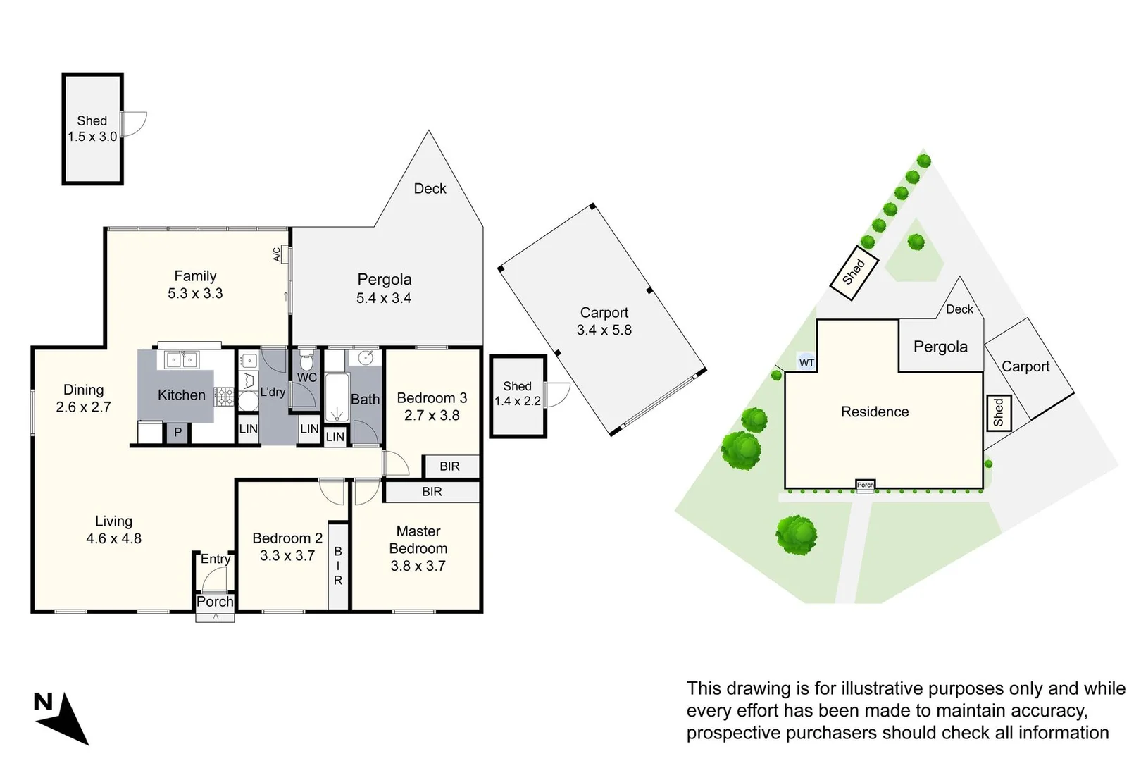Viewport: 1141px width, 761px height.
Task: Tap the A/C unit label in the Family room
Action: click(277, 254)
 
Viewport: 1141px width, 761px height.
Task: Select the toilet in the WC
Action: click(306, 361)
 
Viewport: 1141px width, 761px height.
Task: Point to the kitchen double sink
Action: click(181, 359)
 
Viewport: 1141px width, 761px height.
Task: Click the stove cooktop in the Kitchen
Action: click(224, 397)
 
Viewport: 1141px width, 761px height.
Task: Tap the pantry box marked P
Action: click(177, 433)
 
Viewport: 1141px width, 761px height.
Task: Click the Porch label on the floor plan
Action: click(215, 601)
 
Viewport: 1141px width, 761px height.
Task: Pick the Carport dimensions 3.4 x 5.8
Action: click(604, 330)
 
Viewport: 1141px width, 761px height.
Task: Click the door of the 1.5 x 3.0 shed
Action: click(134, 124)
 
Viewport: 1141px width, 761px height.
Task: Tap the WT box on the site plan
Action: click(806, 363)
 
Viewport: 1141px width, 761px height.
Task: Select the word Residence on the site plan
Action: click(875, 412)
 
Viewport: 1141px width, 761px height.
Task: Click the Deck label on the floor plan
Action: click(430, 188)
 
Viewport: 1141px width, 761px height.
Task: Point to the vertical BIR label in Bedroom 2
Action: click(338, 566)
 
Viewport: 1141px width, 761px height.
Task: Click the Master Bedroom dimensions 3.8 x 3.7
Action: click(418, 565)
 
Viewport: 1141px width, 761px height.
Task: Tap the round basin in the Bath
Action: click(365, 357)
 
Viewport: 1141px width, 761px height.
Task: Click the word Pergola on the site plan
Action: click(940, 347)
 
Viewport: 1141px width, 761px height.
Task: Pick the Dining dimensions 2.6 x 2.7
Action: click(83, 407)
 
